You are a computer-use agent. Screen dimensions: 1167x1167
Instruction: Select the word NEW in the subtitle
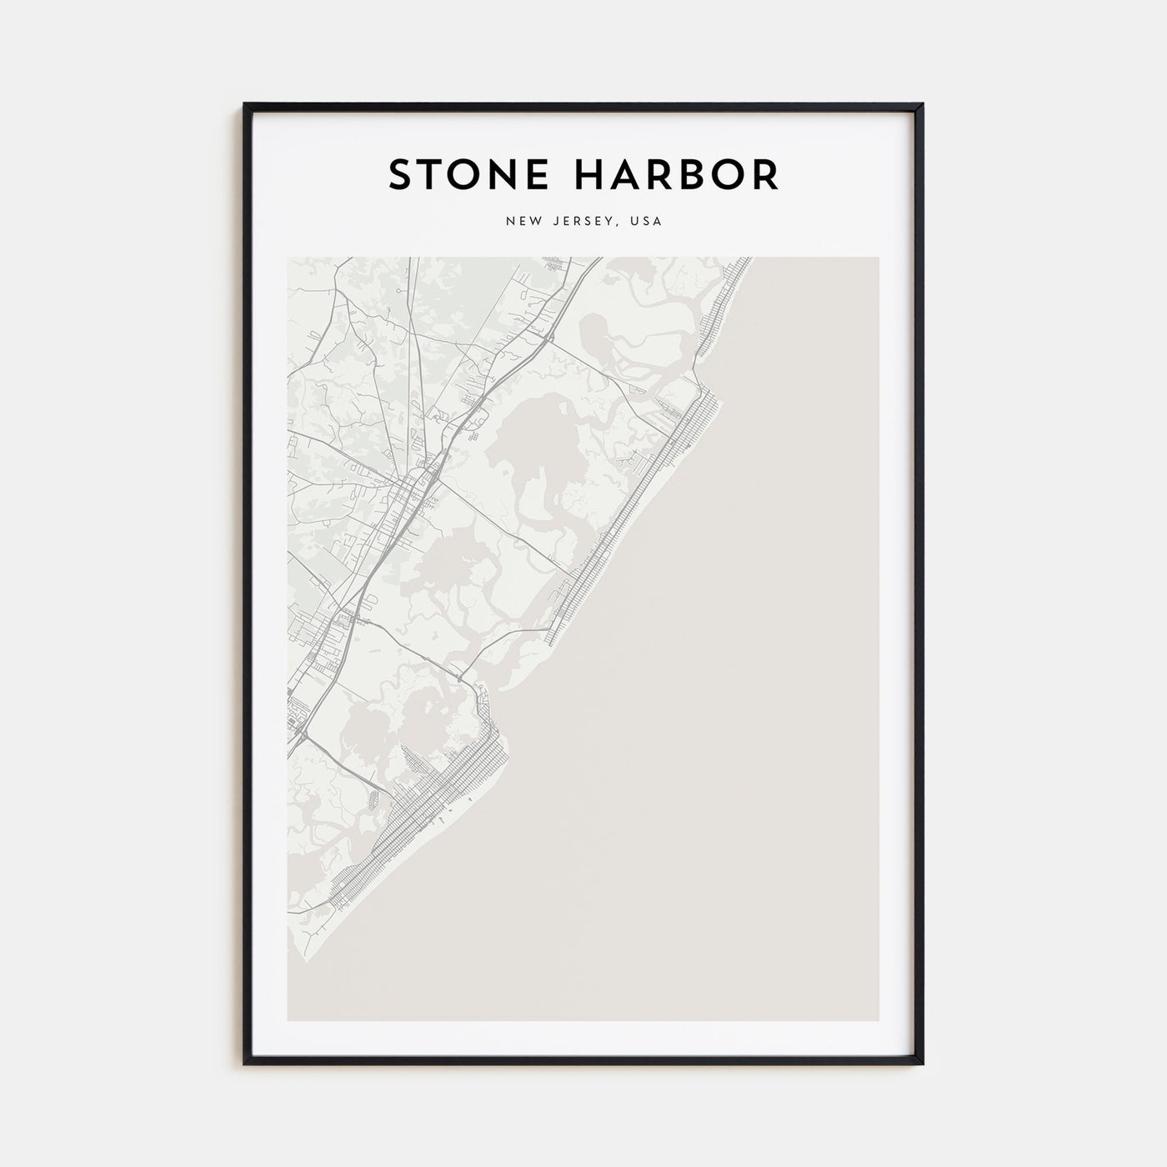click(520, 222)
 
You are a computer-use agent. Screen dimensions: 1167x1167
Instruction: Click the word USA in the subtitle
click(646, 222)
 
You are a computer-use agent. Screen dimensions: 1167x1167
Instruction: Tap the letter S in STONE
click(400, 174)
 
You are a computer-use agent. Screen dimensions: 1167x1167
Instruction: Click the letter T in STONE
click(430, 174)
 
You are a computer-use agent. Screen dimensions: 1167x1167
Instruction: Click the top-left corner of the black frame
click(245, 105)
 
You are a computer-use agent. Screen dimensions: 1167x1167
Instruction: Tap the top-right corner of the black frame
click(922, 105)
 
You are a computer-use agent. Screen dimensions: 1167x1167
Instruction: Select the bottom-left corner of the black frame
click(245, 1064)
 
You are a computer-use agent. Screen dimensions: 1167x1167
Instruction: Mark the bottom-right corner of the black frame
click(922, 1064)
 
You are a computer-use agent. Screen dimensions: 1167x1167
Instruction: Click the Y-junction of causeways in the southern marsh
click(458, 674)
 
